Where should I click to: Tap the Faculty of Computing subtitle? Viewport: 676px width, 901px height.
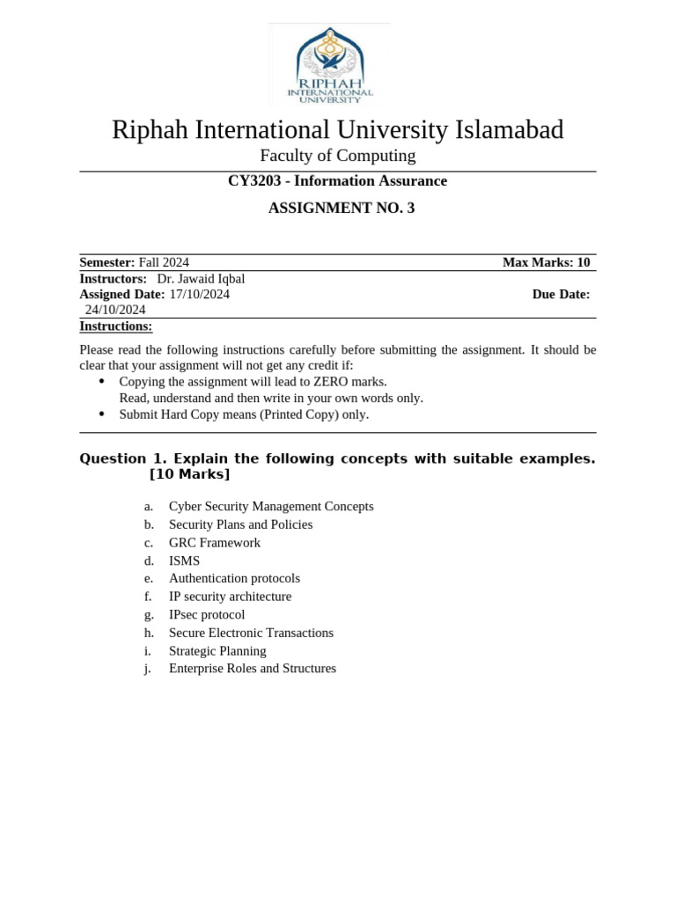[338, 156]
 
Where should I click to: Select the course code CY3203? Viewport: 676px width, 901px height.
[253, 181]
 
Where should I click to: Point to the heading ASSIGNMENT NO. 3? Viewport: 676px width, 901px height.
[341, 209]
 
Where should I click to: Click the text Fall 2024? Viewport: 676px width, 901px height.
[164, 262]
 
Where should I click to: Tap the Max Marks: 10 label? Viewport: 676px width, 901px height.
[546, 262]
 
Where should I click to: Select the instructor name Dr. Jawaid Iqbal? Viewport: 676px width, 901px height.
[201, 279]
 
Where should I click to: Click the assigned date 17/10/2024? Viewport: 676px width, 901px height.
[199, 294]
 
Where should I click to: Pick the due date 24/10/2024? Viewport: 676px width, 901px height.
[115, 310]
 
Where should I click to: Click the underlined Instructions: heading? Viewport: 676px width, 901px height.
[115, 326]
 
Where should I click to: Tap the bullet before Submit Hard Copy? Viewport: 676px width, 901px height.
[101, 414]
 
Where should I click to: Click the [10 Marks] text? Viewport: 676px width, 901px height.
[190, 475]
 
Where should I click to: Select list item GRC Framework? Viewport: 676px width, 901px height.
[215, 543]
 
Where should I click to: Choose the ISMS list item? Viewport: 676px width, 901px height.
[184, 560]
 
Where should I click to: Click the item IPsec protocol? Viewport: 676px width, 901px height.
[207, 615]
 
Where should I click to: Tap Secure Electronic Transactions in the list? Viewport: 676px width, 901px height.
[251, 633]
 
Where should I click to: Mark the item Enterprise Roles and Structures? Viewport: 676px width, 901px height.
[253, 669]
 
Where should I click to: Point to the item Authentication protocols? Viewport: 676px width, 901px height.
[234, 578]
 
